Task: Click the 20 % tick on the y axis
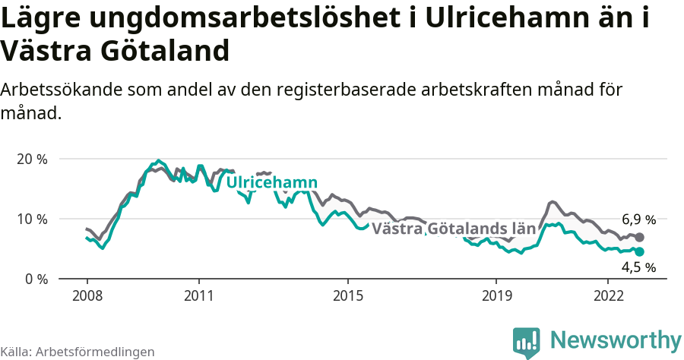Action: point(32,159)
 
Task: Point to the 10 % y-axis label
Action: point(32,219)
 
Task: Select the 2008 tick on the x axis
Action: point(87,295)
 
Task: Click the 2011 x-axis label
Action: point(198,295)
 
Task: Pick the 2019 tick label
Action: point(496,295)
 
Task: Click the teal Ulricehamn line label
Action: point(272,183)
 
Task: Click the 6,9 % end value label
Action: point(638,220)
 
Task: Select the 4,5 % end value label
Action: point(638,267)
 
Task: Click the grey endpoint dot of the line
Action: point(639,238)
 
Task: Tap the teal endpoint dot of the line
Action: point(639,251)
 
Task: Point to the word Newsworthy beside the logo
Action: point(616,339)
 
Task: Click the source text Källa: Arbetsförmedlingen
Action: point(78,352)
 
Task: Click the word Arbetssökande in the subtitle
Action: point(63,90)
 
